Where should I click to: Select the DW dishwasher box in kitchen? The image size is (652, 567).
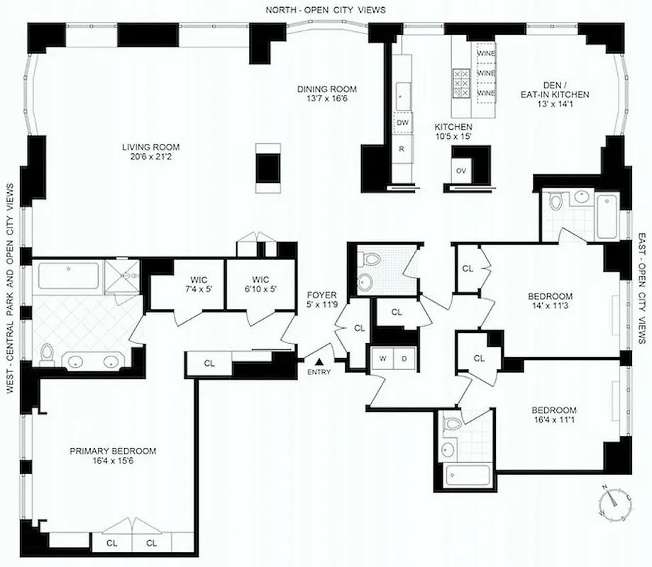click(402, 123)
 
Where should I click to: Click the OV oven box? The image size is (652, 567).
click(460, 170)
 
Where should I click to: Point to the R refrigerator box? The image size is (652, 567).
click(402, 150)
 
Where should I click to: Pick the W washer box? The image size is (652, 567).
click(382, 358)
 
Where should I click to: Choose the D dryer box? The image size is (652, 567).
click(405, 358)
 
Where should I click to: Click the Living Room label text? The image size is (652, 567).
click(150, 147)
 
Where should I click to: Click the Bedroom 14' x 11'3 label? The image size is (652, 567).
click(550, 301)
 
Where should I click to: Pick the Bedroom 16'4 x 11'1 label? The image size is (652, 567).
click(554, 415)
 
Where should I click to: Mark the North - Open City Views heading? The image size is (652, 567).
click(326, 10)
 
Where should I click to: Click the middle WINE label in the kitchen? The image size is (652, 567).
click(486, 73)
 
